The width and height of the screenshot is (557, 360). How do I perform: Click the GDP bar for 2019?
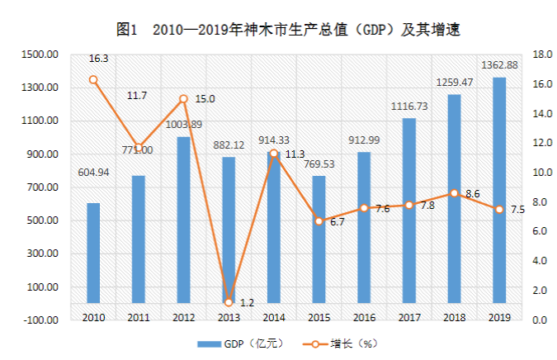tap(499, 190)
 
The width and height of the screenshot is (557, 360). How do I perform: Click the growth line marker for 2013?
tap(229, 302)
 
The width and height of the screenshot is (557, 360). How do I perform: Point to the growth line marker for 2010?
tap(93, 80)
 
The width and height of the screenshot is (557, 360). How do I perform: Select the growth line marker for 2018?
tap(454, 193)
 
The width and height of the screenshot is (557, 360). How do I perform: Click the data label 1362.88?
tap(499, 66)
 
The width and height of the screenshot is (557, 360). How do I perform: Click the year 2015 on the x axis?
tap(319, 317)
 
